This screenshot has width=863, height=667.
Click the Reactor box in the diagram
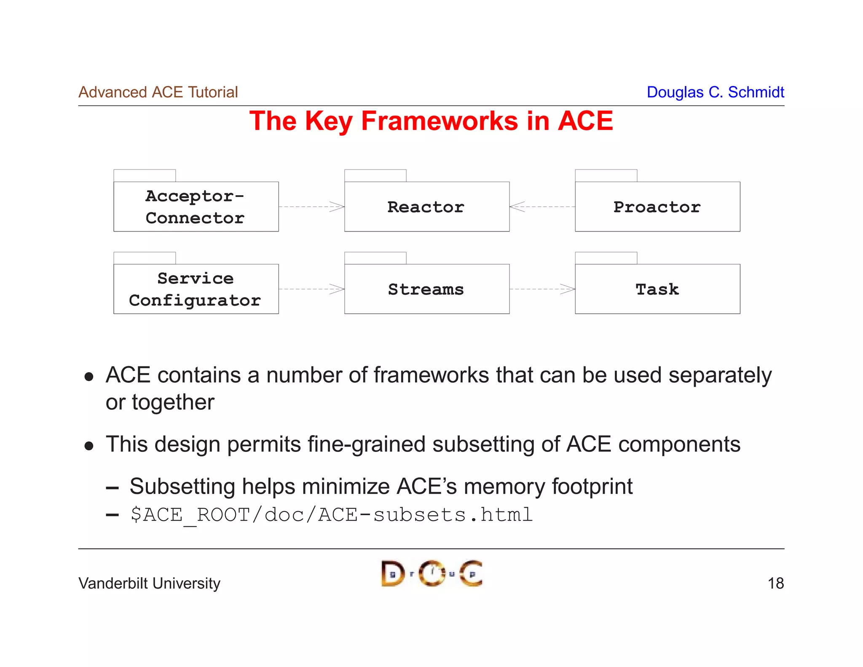pos(426,207)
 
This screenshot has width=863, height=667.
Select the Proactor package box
pos(657,207)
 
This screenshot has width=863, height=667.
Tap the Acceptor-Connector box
pos(196,207)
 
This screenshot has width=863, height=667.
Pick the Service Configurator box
pos(196,289)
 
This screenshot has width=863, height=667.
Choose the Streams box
pos(426,289)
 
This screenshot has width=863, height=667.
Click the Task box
pos(657,289)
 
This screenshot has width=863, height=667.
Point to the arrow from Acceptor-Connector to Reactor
pos(311,207)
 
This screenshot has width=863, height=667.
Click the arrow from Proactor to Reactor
pos(542,207)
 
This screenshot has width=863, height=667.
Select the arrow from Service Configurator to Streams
pos(311,289)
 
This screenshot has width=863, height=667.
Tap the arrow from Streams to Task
pos(542,289)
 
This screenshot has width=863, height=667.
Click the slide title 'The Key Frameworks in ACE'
pos(431,121)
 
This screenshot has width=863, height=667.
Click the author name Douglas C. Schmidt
pos(715,92)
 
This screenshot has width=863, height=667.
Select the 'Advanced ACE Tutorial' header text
pos(158,92)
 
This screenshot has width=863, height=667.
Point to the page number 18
pos(775,583)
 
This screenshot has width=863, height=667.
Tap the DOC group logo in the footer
pos(431,573)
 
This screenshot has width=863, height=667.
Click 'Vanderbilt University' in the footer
pos(149,583)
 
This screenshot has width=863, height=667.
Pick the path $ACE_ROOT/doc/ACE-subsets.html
pos(331,515)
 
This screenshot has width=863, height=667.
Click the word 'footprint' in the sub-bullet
pos(592,486)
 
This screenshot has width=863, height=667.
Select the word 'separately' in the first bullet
pos(720,375)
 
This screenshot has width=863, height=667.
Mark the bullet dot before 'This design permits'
pos(89,446)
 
